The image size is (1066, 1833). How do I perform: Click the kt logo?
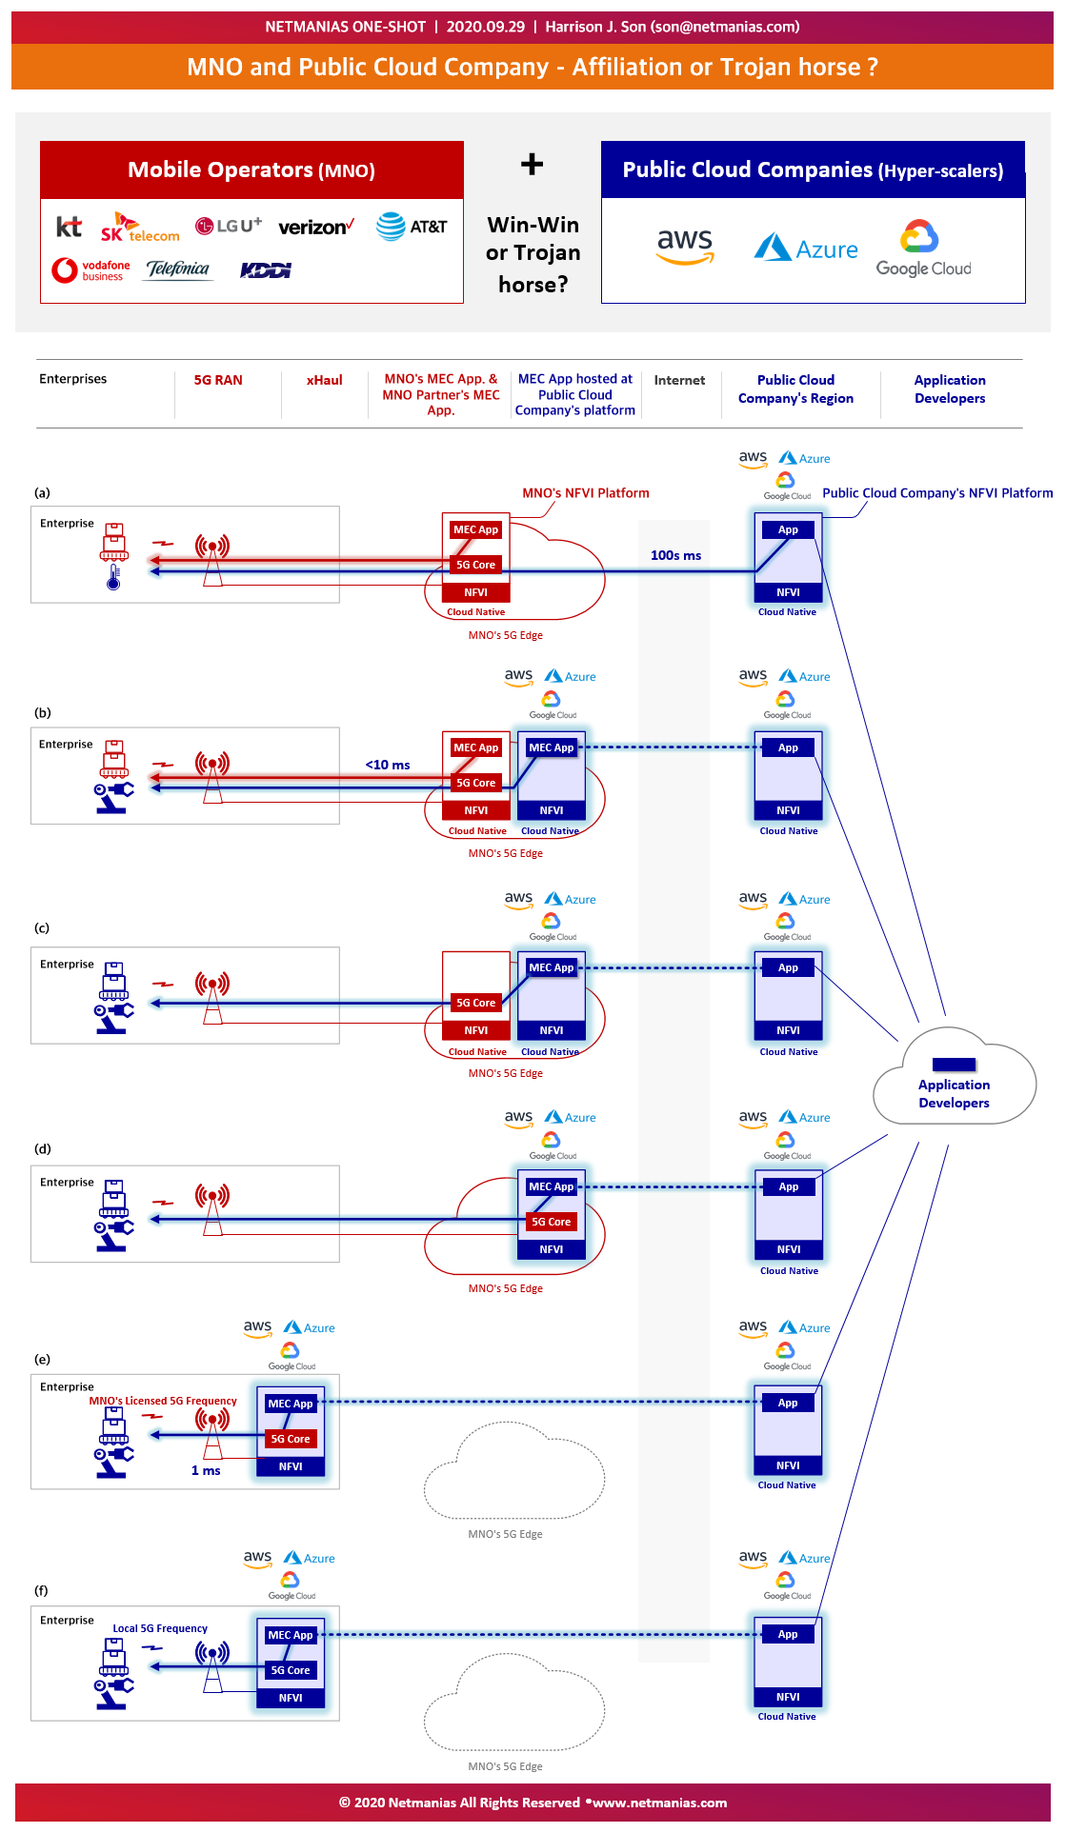click(x=69, y=227)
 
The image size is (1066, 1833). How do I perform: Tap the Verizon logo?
click(x=316, y=227)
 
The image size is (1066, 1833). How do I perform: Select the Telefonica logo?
click(x=178, y=269)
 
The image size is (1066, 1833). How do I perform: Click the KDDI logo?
click(x=266, y=270)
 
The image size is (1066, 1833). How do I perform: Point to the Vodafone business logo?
click(x=91, y=270)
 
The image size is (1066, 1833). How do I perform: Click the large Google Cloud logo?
click(x=923, y=249)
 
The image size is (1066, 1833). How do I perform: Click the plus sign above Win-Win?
click(x=532, y=164)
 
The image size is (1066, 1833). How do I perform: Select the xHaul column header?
click(x=324, y=380)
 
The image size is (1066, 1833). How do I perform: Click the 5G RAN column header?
click(x=218, y=380)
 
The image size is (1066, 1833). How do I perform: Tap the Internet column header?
click(x=679, y=380)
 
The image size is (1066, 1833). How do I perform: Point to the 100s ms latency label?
click(x=675, y=555)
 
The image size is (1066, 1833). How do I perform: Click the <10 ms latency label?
click(x=388, y=765)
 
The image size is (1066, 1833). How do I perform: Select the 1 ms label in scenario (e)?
click(x=206, y=1470)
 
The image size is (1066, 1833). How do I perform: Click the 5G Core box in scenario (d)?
click(x=552, y=1222)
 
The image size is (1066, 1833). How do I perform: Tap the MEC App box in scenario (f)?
click(x=291, y=1635)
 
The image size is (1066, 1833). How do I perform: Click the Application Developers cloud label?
click(x=954, y=1094)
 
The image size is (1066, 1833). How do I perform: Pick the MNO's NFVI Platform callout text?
click(x=586, y=493)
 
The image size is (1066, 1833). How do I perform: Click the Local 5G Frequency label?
click(x=160, y=1628)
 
